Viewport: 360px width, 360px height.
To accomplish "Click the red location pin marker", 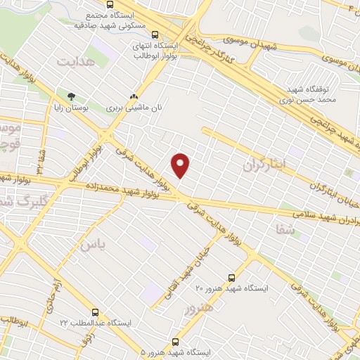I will [x=181, y=165].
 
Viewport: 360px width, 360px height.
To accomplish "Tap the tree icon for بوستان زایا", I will [x=70, y=96].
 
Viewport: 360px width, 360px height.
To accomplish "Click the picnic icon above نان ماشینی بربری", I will [x=134, y=98].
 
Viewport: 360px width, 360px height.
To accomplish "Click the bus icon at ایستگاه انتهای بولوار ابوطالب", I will [x=155, y=34].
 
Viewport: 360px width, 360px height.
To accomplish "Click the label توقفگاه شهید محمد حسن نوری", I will [x=313, y=95].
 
